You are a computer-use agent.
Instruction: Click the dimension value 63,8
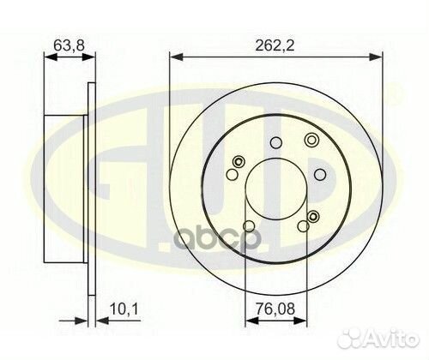tap(69, 45)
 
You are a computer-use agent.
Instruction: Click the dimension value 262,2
tap(275, 45)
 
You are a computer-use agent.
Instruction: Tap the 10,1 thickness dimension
tap(124, 309)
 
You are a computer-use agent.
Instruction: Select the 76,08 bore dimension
tap(275, 309)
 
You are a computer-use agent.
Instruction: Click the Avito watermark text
tap(392, 339)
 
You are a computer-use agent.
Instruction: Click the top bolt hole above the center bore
tap(276, 142)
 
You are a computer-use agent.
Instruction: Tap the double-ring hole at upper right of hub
tap(311, 140)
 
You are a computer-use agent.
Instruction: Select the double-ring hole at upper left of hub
tap(238, 162)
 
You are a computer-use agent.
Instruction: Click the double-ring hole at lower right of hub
tap(313, 216)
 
